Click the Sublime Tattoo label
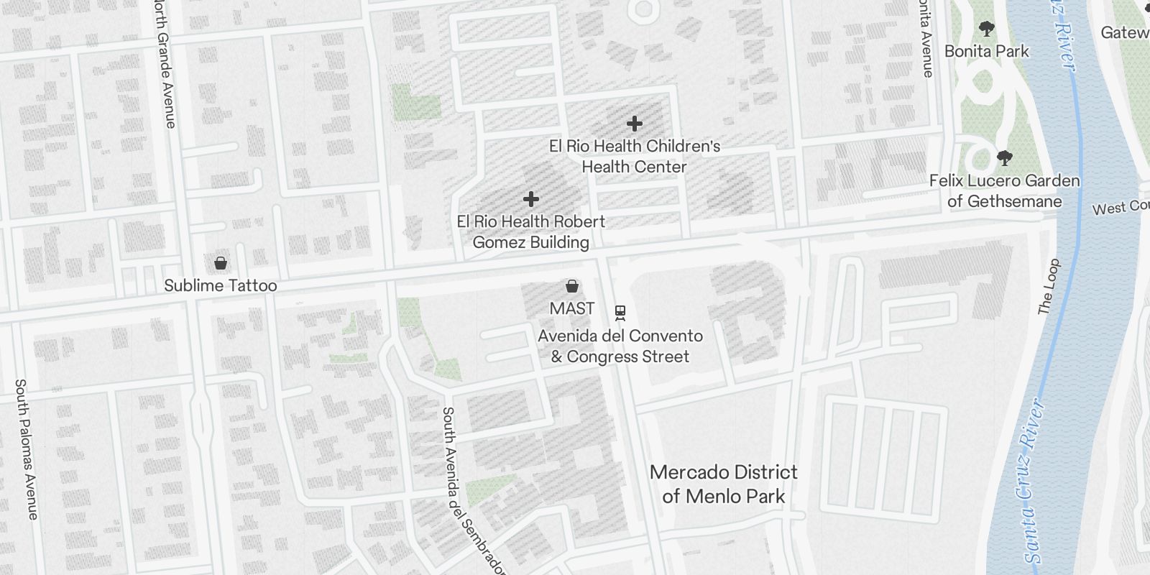tap(220, 285)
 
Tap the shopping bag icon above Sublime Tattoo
tap(221, 263)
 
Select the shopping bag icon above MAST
tap(572, 287)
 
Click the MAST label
tap(572, 308)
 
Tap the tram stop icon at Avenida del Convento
tap(620, 313)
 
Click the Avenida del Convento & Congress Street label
tap(620, 346)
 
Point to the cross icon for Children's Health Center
tap(634, 124)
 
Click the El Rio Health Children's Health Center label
tap(634, 156)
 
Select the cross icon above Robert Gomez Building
tap(531, 198)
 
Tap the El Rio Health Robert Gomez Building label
tap(531, 231)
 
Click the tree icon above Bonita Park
tap(986, 29)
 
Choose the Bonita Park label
tap(986, 51)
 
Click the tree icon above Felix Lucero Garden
tap(1004, 157)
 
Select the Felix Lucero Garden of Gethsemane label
tap(1004, 190)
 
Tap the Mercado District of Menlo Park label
tap(723, 484)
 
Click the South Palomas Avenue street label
tap(26, 448)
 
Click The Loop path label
tap(1049, 286)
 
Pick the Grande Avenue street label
tap(165, 65)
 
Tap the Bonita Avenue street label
tap(925, 40)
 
